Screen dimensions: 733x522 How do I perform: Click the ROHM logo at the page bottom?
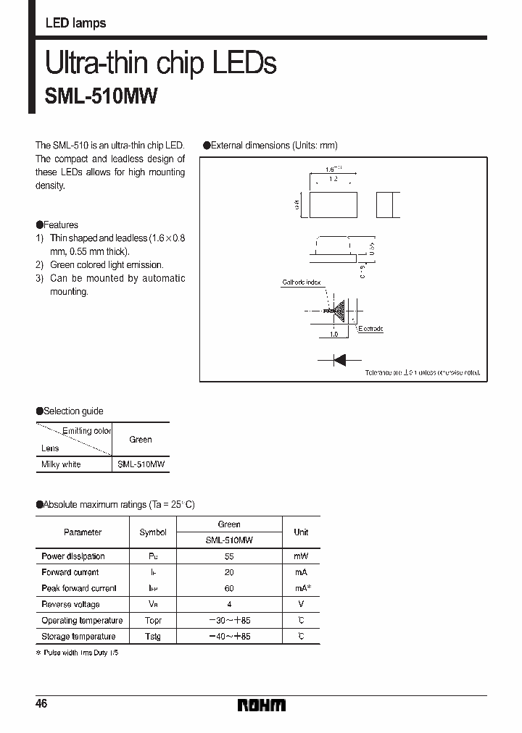click(x=262, y=705)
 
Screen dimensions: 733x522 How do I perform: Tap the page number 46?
click(x=41, y=704)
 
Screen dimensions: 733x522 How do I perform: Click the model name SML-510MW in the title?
click(x=101, y=97)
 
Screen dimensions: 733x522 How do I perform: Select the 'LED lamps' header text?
click(x=75, y=23)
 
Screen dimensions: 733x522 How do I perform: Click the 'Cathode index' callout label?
click(x=302, y=282)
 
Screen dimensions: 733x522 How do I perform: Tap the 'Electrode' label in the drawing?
click(x=370, y=329)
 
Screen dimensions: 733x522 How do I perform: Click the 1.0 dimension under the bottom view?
click(x=334, y=335)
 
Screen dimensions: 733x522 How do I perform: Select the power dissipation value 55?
click(x=229, y=556)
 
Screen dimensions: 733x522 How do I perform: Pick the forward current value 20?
click(x=229, y=572)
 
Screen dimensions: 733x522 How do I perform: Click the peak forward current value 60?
click(x=229, y=588)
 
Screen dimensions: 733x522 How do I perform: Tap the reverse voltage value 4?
click(x=229, y=604)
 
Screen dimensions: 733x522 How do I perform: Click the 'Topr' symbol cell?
click(x=153, y=621)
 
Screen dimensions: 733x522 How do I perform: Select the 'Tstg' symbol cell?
click(x=153, y=637)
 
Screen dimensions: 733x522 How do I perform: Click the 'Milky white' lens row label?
click(x=61, y=464)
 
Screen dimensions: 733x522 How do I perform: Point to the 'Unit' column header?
click(x=301, y=532)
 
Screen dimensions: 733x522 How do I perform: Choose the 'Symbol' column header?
click(x=153, y=532)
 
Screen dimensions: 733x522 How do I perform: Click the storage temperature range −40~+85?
click(x=229, y=637)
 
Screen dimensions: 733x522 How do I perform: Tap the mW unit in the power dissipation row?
click(x=301, y=556)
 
